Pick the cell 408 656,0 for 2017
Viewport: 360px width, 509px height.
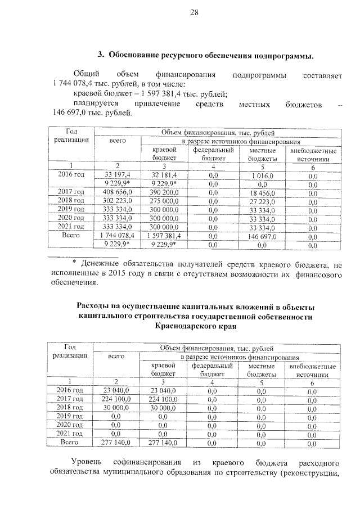point(117,192)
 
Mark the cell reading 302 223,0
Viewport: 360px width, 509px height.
point(117,200)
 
